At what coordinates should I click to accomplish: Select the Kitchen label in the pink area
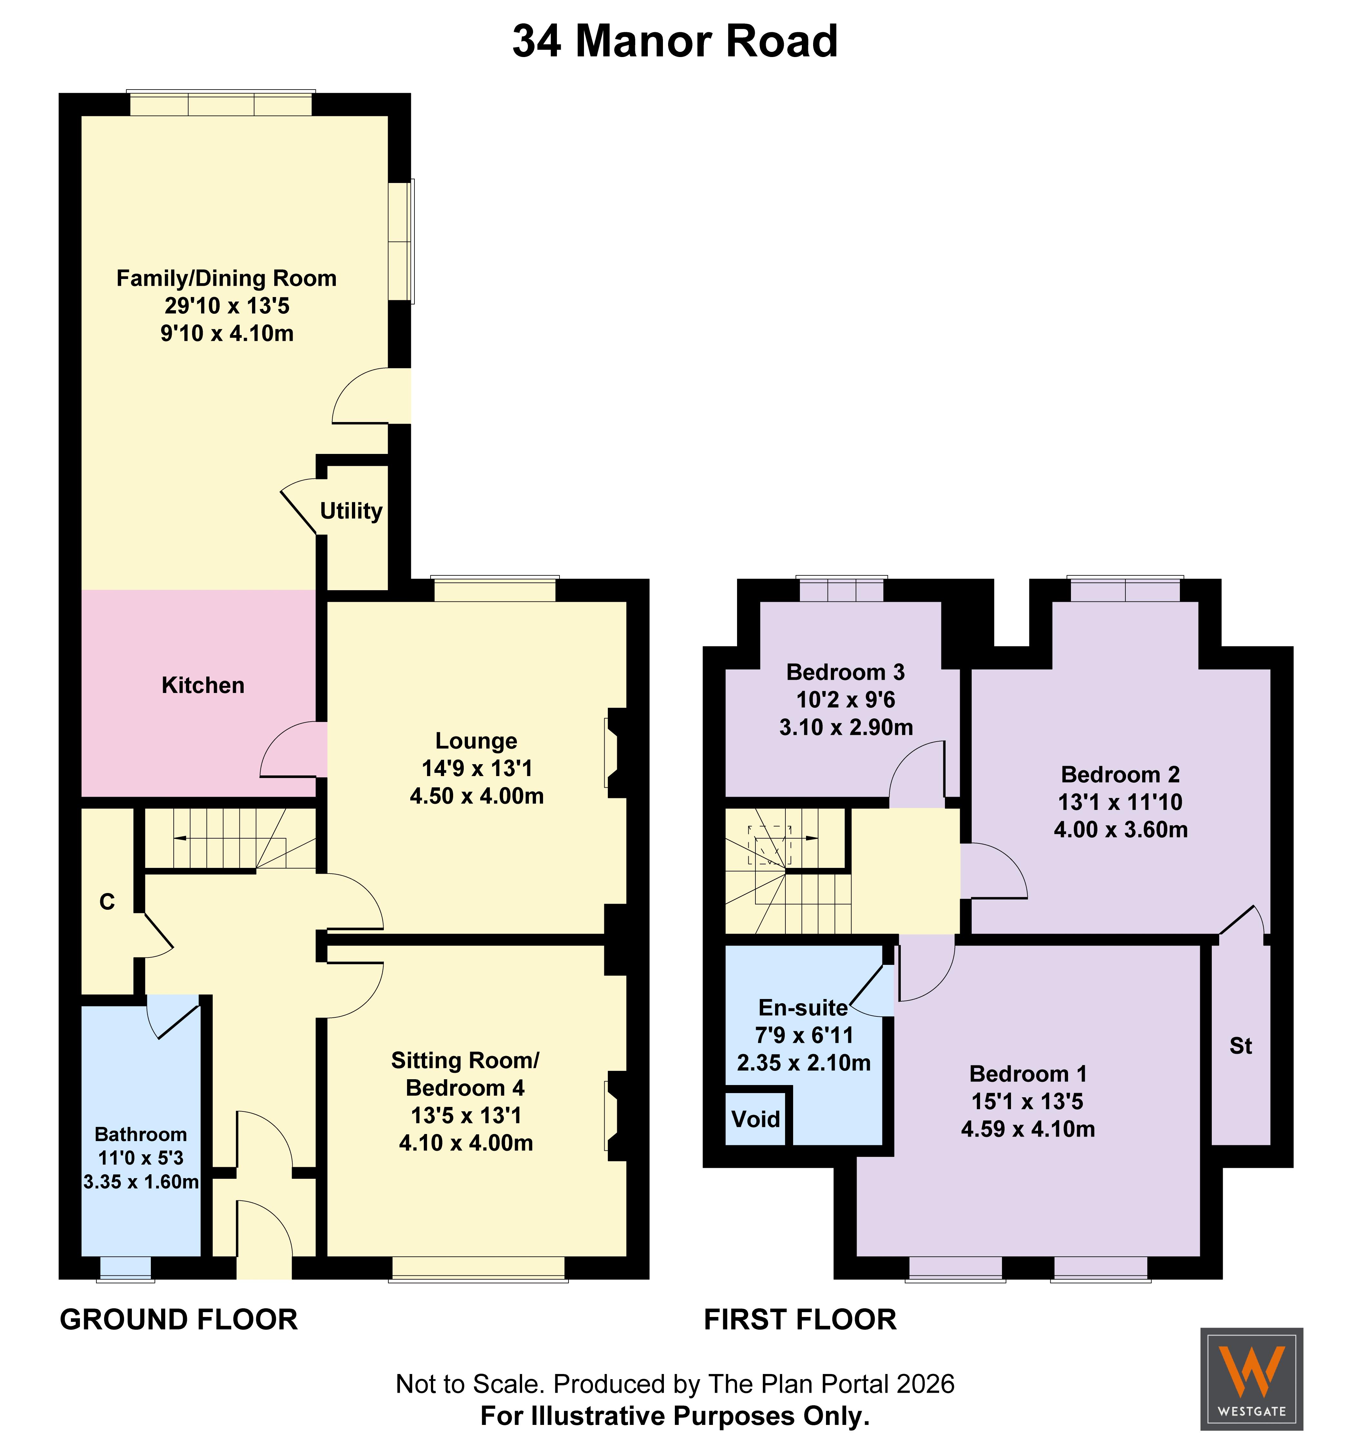[x=203, y=685]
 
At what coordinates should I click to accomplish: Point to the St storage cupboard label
[x=1241, y=1046]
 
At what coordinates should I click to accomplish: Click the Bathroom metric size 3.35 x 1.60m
[x=141, y=1181]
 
